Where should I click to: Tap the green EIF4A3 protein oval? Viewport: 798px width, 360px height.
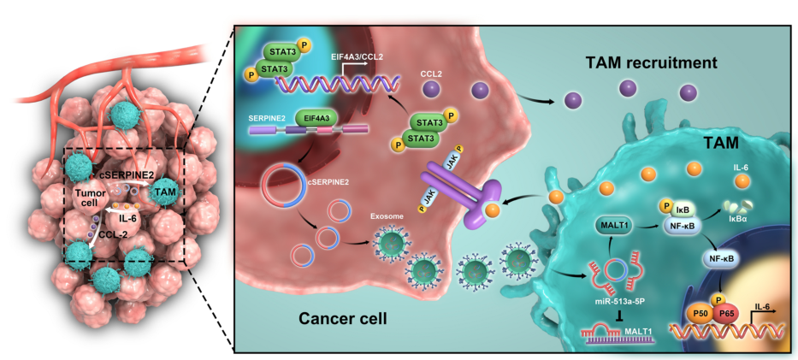[311, 121]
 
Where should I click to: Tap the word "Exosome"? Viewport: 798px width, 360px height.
[387, 215]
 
